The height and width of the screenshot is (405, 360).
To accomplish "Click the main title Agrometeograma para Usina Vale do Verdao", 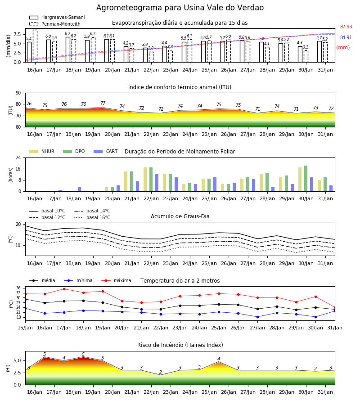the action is (x=180, y=8).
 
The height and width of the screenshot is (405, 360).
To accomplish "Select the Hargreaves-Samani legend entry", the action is (x=57, y=17).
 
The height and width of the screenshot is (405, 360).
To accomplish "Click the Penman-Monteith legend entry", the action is (x=55, y=24).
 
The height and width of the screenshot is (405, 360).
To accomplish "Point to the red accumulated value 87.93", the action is (x=346, y=27).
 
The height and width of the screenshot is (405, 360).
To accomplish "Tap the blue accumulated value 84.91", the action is (x=346, y=37).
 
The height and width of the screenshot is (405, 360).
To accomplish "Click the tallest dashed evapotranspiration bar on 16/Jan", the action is (x=35, y=46).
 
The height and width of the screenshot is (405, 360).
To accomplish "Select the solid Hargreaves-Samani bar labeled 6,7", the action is (x=68, y=49).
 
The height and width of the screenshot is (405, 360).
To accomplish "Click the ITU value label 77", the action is (x=103, y=103).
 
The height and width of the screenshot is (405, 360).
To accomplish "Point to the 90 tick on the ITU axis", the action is (x=18, y=93).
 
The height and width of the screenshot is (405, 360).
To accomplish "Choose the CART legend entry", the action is (x=106, y=151).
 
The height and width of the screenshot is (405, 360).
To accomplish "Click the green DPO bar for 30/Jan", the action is (x=306, y=179).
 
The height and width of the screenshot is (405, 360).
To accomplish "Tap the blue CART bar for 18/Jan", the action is (x=80, y=189).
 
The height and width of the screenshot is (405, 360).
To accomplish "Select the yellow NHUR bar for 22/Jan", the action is (x=145, y=180).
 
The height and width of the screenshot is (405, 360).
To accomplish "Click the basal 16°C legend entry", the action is (x=92, y=217).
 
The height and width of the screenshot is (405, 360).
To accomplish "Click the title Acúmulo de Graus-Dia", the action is (x=180, y=216).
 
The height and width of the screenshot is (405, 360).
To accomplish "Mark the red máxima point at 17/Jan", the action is (x=64, y=289).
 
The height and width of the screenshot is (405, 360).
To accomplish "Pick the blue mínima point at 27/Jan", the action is (x=258, y=317).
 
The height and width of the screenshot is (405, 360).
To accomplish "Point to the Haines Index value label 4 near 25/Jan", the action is (x=219, y=359).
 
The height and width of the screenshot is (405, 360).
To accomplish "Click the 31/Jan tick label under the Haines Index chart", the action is (x=325, y=392).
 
